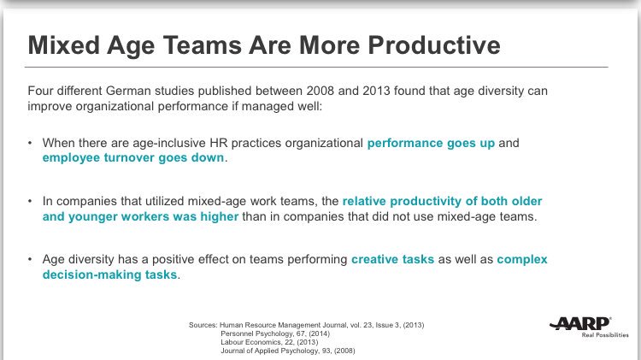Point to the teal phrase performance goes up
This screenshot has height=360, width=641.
(x=431, y=143)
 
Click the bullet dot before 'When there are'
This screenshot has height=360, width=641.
(x=31, y=143)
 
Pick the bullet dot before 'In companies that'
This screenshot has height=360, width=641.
(x=31, y=201)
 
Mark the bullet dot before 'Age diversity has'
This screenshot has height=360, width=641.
(x=31, y=258)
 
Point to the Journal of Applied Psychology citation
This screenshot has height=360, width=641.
(x=287, y=351)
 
